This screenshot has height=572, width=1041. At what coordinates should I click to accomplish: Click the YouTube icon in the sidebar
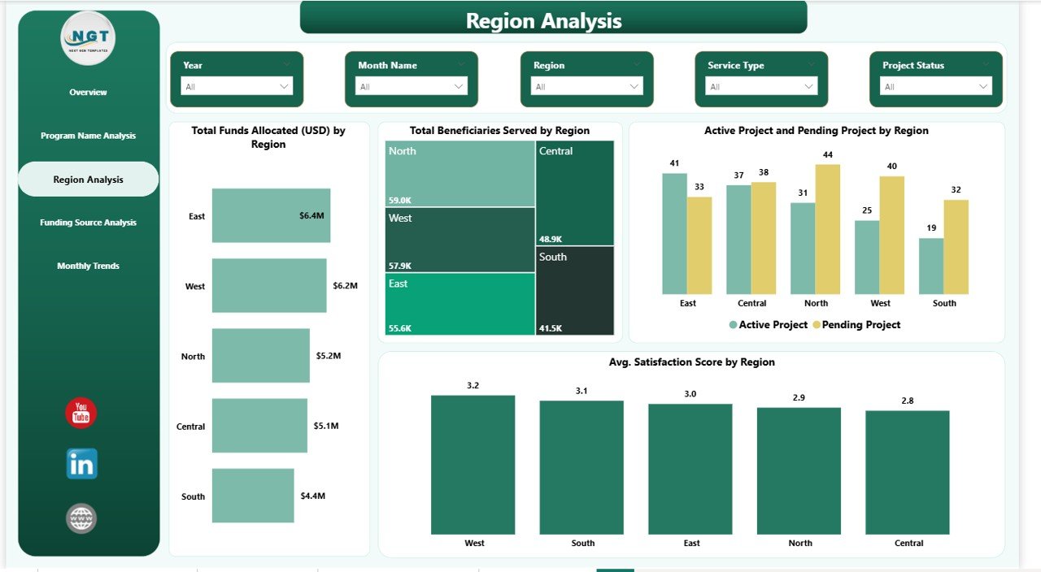tap(81, 414)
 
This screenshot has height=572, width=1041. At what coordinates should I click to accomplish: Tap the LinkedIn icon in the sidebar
tap(81, 464)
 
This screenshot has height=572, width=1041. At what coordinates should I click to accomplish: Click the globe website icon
tap(81, 518)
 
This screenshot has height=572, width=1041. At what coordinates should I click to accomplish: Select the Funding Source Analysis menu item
tap(88, 223)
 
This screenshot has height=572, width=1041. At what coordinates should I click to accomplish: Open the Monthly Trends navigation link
tap(88, 266)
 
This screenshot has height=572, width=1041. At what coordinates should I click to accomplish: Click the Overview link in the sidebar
tap(88, 93)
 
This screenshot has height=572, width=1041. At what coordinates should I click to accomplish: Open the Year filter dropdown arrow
tap(284, 86)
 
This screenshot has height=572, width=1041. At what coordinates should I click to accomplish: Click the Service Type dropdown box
tap(761, 86)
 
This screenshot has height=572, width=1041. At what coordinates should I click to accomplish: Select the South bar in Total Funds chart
tap(253, 496)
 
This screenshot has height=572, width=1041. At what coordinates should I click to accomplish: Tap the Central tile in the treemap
tap(575, 193)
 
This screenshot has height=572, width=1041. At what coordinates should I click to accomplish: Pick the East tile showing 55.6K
tap(460, 304)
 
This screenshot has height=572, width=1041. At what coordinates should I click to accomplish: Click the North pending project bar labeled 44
tap(828, 229)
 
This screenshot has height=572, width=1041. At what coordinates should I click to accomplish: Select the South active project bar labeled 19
tap(930, 266)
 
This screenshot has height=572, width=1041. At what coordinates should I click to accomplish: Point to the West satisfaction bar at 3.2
tap(473, 465)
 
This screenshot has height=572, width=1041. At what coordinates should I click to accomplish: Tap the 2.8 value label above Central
tap(907, 401)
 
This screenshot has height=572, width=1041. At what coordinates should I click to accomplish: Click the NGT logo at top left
tap(88, 38)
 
